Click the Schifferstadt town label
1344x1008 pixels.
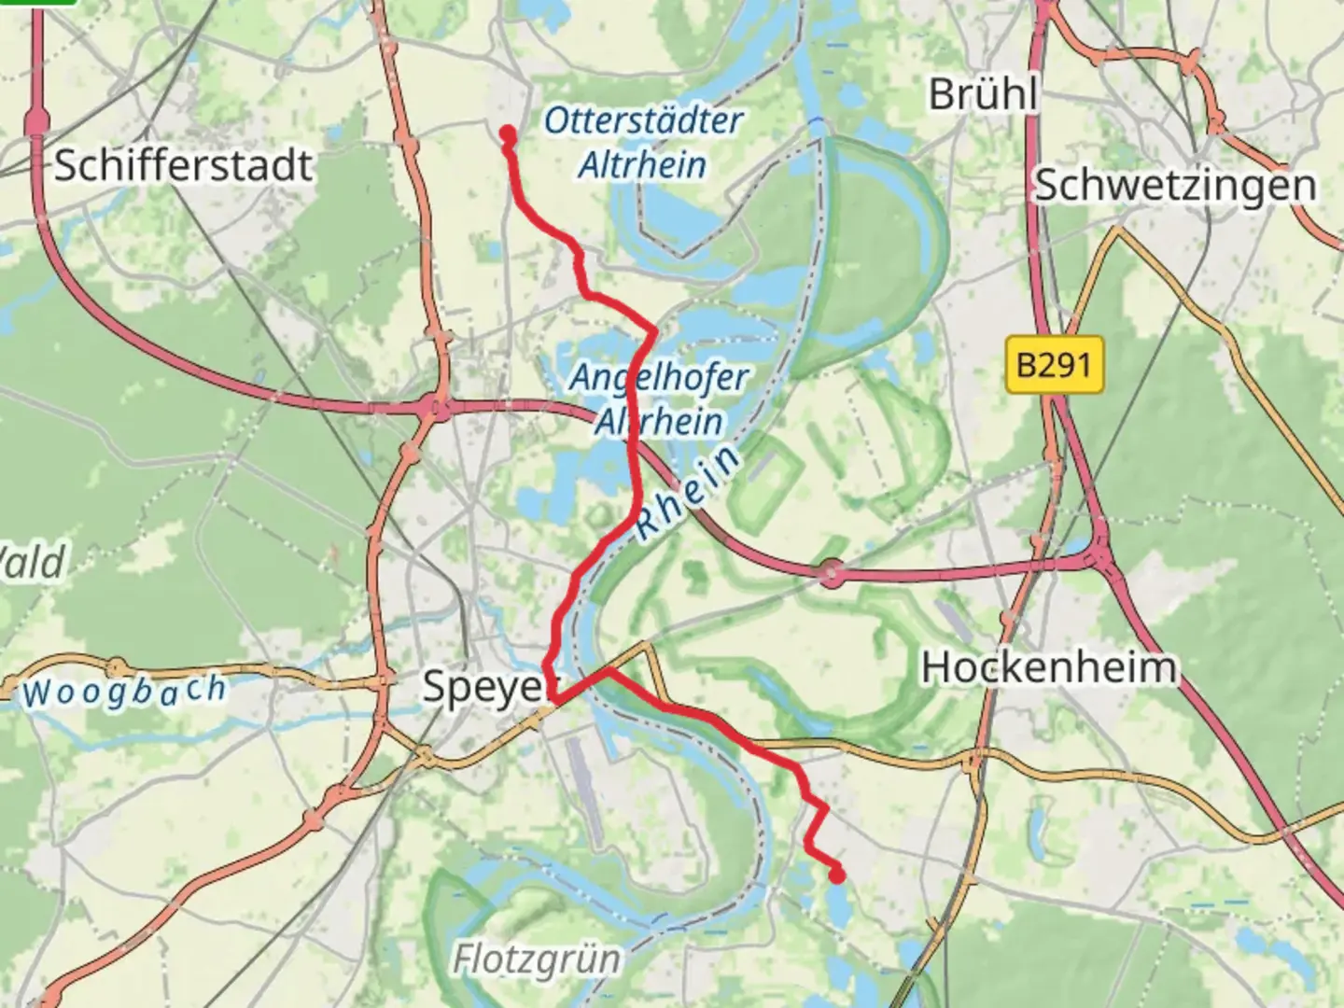183,166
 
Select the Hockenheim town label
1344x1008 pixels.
1048,668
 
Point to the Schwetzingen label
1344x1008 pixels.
1175,185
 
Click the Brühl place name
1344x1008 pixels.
983,93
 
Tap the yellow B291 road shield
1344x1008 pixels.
1055,364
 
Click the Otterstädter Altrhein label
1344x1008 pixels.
643,143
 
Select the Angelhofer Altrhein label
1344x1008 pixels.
659,399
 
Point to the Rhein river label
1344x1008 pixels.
689,492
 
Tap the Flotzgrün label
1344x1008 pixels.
536,959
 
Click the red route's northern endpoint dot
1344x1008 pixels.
508,135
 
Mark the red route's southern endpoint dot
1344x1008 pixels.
837,875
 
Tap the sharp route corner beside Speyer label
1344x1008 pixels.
553,698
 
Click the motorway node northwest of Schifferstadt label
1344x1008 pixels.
37,122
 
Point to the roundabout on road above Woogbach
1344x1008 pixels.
116,667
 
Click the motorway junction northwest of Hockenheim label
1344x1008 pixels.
831,574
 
